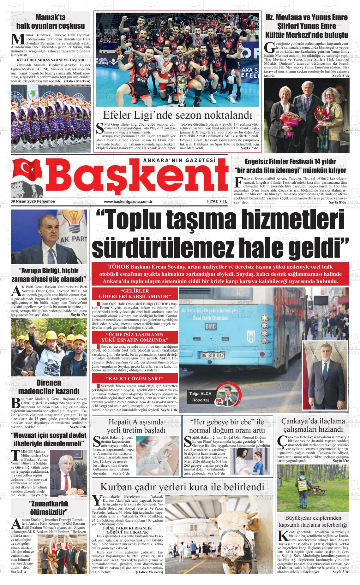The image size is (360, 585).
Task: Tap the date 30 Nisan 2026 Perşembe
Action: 33,201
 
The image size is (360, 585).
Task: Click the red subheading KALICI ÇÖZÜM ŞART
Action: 135,378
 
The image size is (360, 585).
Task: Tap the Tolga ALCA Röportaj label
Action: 200,397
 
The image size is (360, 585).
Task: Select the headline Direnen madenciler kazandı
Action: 49,387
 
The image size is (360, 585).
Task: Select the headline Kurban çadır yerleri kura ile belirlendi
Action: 182,487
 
